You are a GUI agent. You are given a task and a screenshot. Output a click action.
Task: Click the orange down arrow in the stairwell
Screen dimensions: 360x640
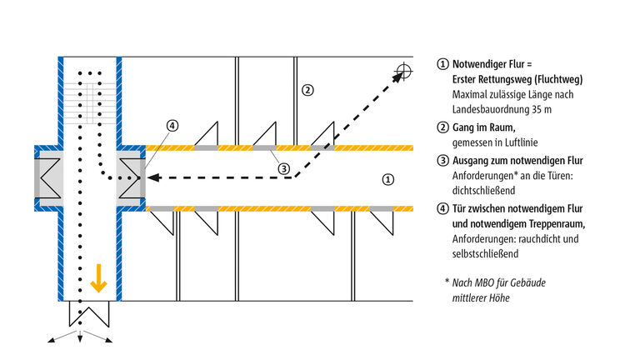point(99,281)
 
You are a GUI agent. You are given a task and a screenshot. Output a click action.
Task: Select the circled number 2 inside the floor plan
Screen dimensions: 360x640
point(307,90)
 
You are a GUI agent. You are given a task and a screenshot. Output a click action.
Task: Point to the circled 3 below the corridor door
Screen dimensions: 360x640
point(283,168)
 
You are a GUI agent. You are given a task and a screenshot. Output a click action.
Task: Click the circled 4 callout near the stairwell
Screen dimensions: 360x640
point(171,127)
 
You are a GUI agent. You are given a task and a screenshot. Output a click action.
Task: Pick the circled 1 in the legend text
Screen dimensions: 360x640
point(442,64)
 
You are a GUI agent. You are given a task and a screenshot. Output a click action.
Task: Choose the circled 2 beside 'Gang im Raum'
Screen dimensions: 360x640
point(442,127)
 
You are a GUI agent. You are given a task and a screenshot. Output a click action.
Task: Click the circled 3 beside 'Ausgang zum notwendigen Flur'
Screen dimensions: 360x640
point(442,160)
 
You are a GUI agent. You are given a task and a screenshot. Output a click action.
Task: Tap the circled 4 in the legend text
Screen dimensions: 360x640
point(442,207)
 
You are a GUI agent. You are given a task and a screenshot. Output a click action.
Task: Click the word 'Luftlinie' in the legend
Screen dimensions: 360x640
point(522,142)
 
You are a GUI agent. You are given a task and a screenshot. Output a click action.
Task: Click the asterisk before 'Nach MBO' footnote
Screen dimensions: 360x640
point(447,282)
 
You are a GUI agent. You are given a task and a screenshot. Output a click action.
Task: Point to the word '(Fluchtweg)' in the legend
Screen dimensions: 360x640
point(554,80)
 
